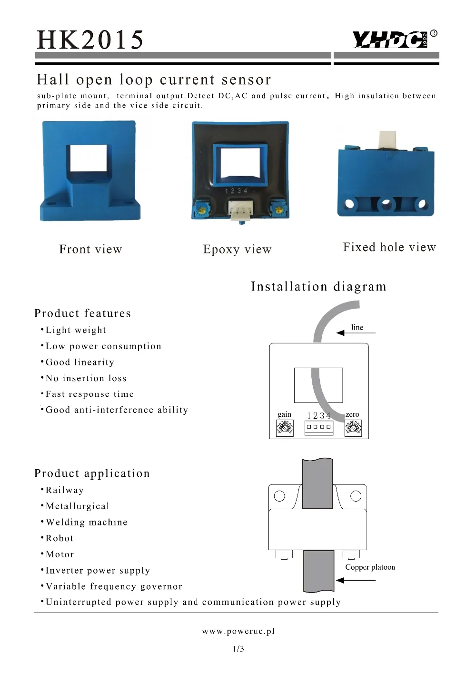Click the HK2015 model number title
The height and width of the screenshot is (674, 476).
coord(90,40)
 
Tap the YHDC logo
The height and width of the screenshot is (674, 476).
coord(390,39)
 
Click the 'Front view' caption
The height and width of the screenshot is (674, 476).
coord(91,249)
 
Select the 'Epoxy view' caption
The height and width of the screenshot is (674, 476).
coord(238,249)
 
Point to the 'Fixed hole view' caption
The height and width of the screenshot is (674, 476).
coord(389,247)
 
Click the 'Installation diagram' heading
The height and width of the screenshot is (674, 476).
coord(318,286)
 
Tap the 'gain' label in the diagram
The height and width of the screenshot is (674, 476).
coord(284,414)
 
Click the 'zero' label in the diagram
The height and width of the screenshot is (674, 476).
coord(352,414)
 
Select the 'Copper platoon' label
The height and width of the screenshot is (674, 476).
coord(370,567)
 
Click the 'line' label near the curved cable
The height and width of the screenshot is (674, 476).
coord(357,327)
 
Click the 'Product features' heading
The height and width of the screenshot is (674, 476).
coord(82,313)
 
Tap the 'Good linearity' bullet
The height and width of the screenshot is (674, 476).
coord(80,362)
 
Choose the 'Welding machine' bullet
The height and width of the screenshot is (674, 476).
coord(87,522)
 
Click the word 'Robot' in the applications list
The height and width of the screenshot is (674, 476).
coord(59,538)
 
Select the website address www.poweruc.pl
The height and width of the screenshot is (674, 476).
coord(238,631)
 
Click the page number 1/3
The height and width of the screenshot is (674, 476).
coord(238,649)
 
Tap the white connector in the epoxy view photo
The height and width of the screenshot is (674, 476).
coord(240,210)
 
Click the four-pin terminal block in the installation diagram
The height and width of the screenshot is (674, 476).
coord(318,427)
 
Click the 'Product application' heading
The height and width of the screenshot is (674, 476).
coord(92,473)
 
